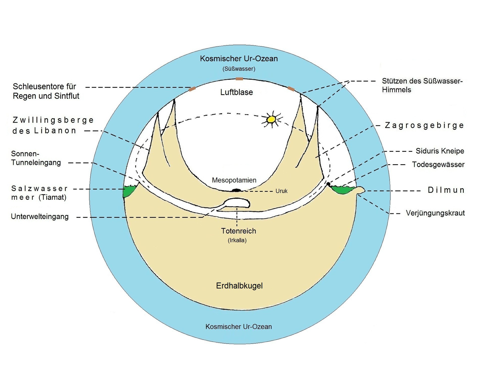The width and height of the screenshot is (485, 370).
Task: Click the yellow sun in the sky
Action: tap(271, 119)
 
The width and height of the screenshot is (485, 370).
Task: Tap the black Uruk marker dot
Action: tap(236, 190)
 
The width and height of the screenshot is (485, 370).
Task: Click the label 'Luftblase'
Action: tap(236, 92)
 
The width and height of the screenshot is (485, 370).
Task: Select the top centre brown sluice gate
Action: tap(239, 79)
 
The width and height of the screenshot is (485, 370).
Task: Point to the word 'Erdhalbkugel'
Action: tap(239, 286)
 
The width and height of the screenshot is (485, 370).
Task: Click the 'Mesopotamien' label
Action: tap(234, 180)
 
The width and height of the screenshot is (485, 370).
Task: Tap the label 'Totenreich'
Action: tap(238, 231)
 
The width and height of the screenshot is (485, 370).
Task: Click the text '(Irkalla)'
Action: tap(237, 240)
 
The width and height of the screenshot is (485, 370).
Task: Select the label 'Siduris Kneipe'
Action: tap(440, 151)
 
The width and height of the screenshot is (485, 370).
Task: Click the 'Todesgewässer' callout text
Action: tap(438, 164)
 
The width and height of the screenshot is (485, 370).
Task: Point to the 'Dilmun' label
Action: tap(446, 190)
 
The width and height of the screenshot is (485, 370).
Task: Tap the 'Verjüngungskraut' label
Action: tap(435, 213)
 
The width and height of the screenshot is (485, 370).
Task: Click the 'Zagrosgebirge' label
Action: tap(424, 126)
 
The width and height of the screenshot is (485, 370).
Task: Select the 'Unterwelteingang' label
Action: tap(40, 216)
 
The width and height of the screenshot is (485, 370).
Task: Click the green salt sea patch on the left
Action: tap(129, 191)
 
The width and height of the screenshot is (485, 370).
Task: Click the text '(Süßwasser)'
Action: tap(239, 69)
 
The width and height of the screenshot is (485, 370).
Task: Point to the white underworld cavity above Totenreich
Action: tap(237, 203)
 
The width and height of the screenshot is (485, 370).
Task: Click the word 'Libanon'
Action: tap(55, 131)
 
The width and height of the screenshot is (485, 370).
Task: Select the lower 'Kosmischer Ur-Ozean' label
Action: tap(238, 327)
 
